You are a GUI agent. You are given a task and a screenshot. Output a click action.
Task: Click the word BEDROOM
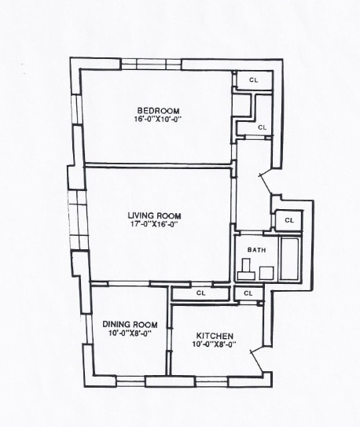158,109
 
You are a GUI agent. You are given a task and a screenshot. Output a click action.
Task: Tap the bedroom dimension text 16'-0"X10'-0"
158,119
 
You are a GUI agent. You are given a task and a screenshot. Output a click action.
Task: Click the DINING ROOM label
130,324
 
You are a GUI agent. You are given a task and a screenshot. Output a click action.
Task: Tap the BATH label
256,250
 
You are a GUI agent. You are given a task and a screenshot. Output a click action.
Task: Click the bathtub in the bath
290,258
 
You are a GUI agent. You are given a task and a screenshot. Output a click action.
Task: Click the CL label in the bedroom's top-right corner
254,79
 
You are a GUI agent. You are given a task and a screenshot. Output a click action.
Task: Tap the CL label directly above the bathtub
288,221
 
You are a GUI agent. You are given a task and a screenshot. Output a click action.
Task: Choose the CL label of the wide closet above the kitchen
200,293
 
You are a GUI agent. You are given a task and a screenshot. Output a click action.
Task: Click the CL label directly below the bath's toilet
248,293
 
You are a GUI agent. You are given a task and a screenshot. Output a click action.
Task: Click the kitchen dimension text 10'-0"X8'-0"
213,344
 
